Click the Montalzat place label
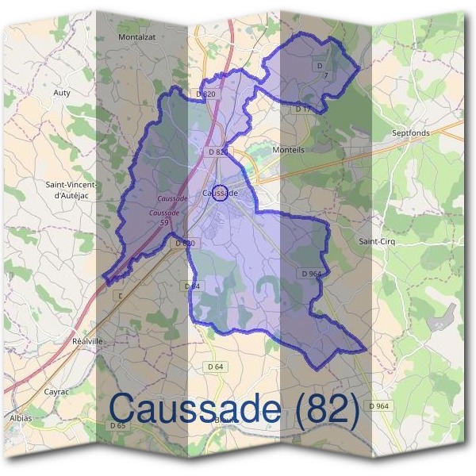[136, 36]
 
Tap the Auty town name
[62, 93]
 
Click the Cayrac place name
[56, 392]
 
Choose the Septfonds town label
[411, 133]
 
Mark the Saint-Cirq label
[377, 240]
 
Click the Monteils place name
[288, 149]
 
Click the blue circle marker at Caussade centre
[222, 193]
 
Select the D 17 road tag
[303, 109]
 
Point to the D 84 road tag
[192, 286]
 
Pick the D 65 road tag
[118, 426]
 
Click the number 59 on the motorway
[164, 224]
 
